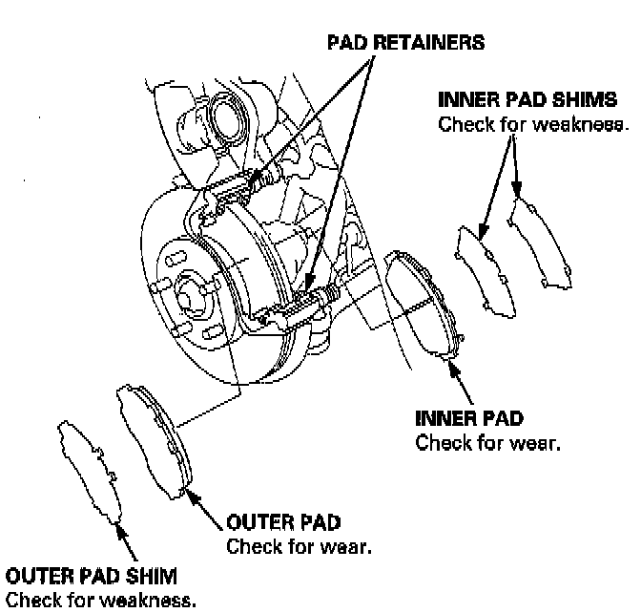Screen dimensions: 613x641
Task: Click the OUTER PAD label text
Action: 283,523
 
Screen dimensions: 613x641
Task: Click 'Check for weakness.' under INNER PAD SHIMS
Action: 533,125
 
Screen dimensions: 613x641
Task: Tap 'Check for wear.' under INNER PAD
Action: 486,443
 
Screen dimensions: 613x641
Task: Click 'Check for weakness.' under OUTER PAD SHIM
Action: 100,601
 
